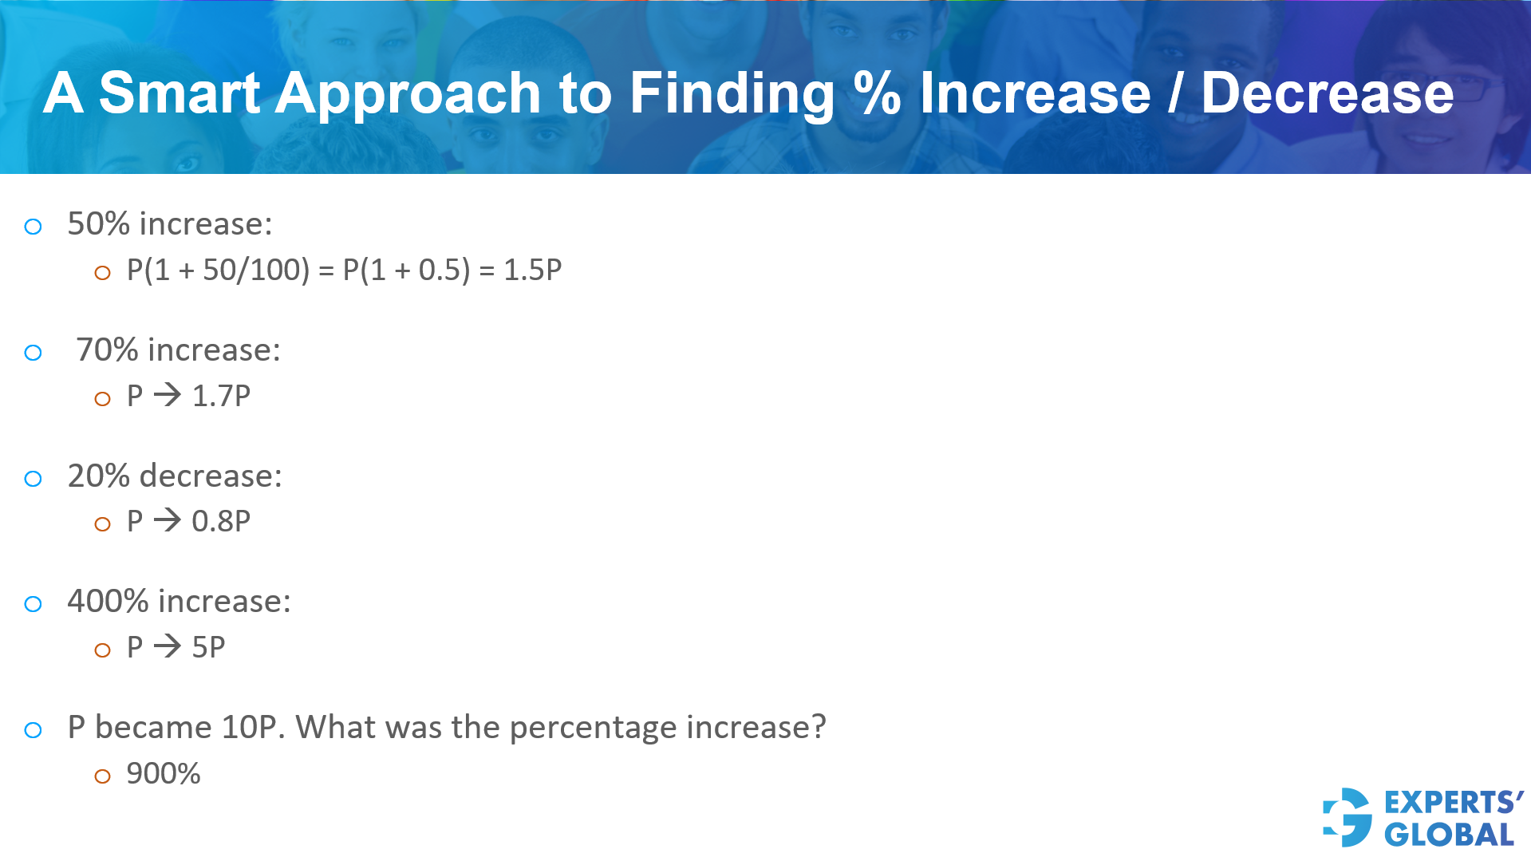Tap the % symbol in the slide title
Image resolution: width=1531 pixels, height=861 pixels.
click(876, 93)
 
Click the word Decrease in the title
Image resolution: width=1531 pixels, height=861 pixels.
click(1327, 93)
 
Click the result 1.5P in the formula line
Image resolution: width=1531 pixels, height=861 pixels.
click(532, 271)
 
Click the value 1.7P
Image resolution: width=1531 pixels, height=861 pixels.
click(221, 396)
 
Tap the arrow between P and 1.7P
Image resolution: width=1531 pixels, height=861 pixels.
click(168, 395)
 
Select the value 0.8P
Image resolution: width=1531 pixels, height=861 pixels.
click(221, 522)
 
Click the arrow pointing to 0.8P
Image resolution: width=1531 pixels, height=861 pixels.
click(168, 520)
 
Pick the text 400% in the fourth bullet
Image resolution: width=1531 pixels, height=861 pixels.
click(108, 602)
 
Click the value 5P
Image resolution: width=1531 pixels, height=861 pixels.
click(208, 647)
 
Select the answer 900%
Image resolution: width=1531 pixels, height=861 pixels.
click(164, 774)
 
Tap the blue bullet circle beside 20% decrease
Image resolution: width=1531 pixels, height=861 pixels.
click(33, 479)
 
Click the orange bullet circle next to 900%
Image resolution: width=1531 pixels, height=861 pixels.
click(102, 776)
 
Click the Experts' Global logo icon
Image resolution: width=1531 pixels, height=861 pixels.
click(1348, 817)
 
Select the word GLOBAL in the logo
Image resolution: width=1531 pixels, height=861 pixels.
click(1449, 835)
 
